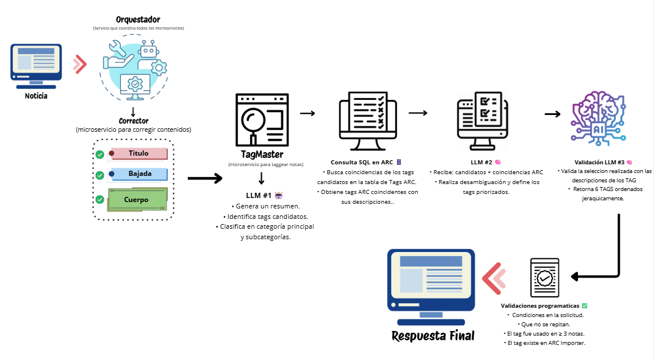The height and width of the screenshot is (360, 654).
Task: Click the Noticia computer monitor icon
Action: pos(36,66)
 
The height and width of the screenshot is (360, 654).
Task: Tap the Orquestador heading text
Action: pos(138,20)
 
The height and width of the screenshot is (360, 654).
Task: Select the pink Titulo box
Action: pos(138,153)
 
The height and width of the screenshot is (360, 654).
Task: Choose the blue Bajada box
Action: pos(139,174)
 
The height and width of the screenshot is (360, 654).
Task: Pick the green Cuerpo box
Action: pos(137,199)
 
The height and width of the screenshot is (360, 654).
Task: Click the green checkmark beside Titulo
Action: pos(100,155)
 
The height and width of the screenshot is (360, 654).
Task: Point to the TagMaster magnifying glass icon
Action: pos(262,120)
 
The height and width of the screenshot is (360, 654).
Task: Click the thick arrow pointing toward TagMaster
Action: pos(205,178)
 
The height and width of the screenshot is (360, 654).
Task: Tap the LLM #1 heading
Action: pos(259,195)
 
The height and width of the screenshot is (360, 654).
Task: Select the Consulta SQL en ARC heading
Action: pos(362,162)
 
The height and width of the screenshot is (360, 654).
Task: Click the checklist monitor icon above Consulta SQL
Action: pos(367,121)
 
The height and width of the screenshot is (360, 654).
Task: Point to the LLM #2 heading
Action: pos(481,162)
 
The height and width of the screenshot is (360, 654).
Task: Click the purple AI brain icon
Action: pos(598,118)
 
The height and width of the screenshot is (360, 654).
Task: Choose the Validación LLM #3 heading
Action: pos(599,162)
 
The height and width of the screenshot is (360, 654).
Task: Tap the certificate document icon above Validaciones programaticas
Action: pos(545,278)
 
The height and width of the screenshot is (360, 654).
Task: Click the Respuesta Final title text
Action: pos(433,336)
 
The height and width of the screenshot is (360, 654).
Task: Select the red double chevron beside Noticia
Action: pos(80,64)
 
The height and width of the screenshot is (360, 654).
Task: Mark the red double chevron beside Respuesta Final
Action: pos(494,279)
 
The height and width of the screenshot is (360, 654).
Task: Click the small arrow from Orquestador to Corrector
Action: pos(133,112)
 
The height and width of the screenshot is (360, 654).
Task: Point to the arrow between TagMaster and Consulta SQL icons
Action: pos(308,113)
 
